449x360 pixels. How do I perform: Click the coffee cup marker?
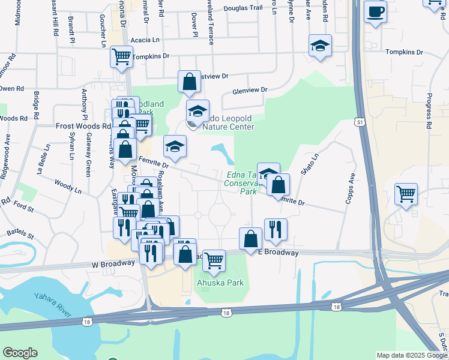(375, 11)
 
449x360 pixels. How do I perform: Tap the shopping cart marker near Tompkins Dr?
(121, 57)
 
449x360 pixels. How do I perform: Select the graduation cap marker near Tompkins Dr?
(320, 46)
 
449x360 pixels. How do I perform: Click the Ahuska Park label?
(220, 282)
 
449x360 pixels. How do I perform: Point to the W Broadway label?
(113, 263)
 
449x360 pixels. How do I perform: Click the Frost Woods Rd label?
(83, 126)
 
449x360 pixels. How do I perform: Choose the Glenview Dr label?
(250, 90)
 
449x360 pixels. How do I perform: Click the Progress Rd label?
(429, 111)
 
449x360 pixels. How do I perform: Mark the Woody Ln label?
(67, 184)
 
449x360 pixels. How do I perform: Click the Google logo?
(20, 353)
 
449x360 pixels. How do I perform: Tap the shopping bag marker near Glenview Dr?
(189, 83)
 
